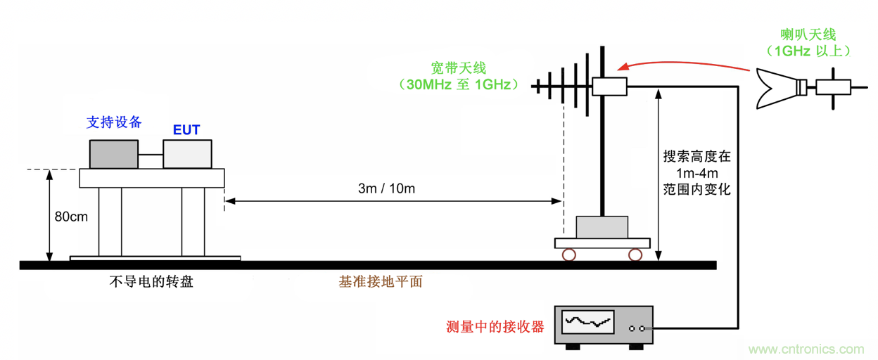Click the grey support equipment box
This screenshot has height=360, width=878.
pos(113,154)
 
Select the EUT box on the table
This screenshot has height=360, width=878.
pos(187,154)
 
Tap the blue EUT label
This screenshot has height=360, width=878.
pos(186,130)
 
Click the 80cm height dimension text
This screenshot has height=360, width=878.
pos(71,217)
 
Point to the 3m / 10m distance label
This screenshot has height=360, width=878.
pos(386,188)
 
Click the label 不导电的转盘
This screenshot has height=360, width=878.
pos(151,282)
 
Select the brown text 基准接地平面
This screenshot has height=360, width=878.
pos(381,282)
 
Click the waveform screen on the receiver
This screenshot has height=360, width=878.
pos(587,323)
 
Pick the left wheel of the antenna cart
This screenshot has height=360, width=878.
pos(568,254)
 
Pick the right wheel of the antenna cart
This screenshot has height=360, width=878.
pos(635,254)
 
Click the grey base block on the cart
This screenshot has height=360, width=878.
pos(602,227)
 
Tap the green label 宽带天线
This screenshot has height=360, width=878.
pos(459,68)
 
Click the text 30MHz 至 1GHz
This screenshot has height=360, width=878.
pos(459,85)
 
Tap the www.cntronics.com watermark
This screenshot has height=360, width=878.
pos(806,349)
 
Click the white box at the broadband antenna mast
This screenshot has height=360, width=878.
pos(609,86)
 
